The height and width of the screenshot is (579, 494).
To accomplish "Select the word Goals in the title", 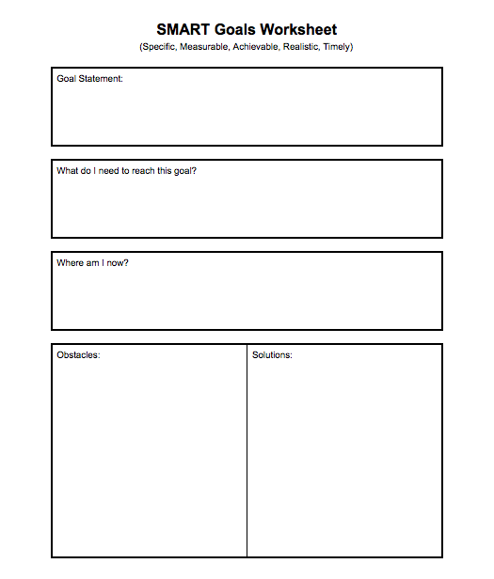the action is (x=235, y=30).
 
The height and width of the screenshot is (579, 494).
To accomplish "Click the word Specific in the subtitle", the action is (x=158, y=46).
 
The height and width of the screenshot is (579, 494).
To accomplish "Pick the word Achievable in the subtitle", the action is (x=255, y=46).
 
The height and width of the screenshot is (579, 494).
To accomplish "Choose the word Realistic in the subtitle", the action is (x=301, y=46).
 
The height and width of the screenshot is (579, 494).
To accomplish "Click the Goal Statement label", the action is (x=89, y=79).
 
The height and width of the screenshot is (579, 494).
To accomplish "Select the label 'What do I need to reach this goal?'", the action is (x=126, y=171).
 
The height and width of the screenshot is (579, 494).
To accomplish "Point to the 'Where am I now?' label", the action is (x=92, y=263).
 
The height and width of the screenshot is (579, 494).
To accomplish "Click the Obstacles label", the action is (x=78, y=355).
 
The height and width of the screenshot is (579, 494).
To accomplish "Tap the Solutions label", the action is (x=272, y=355).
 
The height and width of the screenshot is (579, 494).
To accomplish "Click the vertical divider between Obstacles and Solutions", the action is (x=247, y=451).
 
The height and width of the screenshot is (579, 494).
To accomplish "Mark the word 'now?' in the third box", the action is (x=118, y=263).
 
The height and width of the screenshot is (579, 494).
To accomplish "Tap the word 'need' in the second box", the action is (x=111, y=171).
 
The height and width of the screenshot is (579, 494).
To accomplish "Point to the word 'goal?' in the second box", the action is (x=185, y=171).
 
